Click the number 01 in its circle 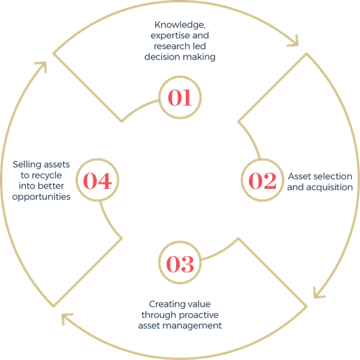(x=180, y=98)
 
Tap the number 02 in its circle (x=262, y=180)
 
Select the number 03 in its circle (x=180, y=264)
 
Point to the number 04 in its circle (x=98, y=180)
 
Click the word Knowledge (x=180, y=25)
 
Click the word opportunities (x=41, y=196)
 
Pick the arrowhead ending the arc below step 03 (x=65, y=317)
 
